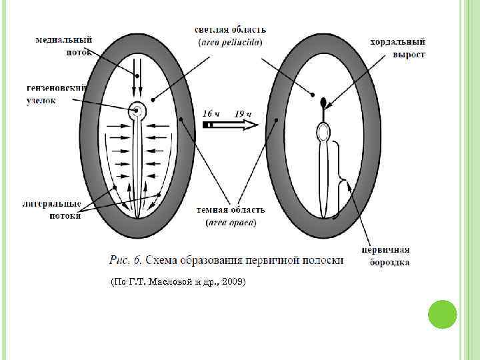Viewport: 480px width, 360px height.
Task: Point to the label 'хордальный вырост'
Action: tap(397, 48)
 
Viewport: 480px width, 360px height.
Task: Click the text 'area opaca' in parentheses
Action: tap(230, 223)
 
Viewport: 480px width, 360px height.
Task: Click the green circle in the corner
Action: tap(442, 314)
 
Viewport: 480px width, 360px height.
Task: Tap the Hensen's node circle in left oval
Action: tap(138, 110)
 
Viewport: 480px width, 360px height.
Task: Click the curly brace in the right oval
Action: tap(343, 178)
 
